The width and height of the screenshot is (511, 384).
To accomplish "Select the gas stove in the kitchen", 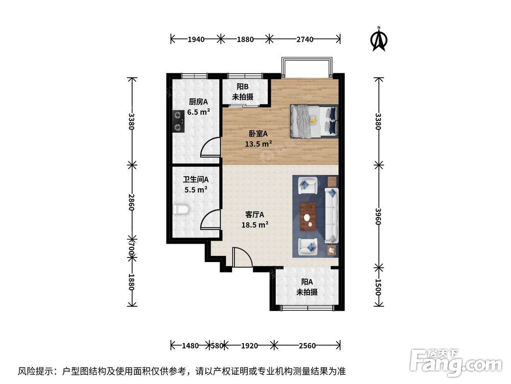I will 178,121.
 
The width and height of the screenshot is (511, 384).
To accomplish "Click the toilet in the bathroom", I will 181,210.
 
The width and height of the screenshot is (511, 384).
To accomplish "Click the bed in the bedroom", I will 314,121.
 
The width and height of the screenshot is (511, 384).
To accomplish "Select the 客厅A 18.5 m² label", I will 255,219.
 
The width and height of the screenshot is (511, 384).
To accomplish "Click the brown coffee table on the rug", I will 308,215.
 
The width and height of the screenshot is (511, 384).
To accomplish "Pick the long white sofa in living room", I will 332,215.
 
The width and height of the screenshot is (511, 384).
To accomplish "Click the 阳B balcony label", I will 243,92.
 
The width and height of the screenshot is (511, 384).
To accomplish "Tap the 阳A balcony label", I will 307,287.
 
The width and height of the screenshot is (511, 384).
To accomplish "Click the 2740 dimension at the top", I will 305,39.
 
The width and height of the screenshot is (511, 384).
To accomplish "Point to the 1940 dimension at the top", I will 196,39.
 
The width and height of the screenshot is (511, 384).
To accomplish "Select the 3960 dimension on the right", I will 378,216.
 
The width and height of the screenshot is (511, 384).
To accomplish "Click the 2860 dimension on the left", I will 132,201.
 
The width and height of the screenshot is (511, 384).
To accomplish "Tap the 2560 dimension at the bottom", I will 307,346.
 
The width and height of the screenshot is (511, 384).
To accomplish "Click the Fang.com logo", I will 450,362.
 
